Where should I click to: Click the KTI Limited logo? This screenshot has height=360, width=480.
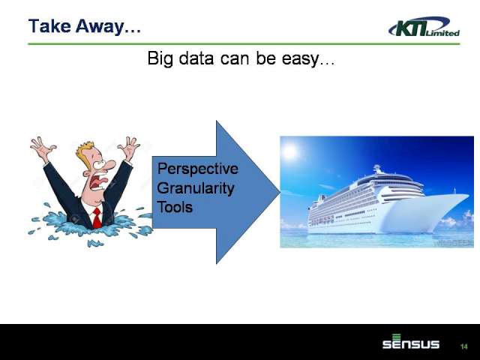[x=424, y=27]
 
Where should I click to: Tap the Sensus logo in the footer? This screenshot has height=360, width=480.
[x=411, y=342]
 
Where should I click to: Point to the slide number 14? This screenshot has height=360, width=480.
[x=464, y=346]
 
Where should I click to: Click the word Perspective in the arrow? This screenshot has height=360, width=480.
[x=197, y=169]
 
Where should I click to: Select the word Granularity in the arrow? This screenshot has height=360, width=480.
[x=196, y=188]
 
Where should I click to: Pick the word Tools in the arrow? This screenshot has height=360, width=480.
[x=175, y=207]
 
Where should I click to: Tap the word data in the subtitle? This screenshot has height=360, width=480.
[x=196, y=58]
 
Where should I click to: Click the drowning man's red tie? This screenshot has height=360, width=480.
[x=97, y=218]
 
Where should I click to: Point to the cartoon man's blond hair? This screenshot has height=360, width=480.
[x=85, y=154]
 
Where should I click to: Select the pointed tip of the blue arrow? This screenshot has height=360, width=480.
[x=280, y=192]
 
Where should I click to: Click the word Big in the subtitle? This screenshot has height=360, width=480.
[x=160, y=58]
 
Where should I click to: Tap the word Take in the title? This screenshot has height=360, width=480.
[x=49, y=26]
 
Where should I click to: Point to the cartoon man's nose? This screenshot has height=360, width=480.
[x=109, y=165]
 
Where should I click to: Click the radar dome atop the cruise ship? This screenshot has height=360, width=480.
[x=376, y=168]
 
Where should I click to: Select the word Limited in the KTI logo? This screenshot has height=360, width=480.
[x=442, y=32]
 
